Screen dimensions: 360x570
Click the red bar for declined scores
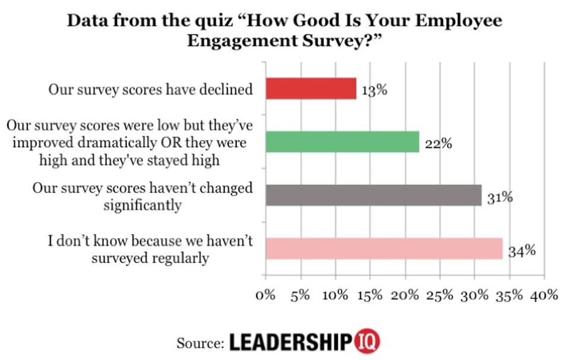pyautogui.click(x=311, y=89)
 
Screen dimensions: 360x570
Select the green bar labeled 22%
pyautogui.click(x=342, y=142)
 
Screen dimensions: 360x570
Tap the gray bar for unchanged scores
pyautogui.click(x=373, y=195)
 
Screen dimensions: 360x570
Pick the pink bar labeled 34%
pyautogui.click(x=384, y=248)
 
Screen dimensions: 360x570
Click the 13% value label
pyautogui.click(x=375, y=91)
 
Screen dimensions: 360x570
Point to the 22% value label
pyautogui.click(x=438, y=144)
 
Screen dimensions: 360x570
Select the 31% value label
pyautogui.click(x=500, y=197)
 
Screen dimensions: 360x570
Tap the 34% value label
pyautogui.click(x=521, y=250)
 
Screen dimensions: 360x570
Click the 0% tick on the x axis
pyautogui.click(x=265, y=295)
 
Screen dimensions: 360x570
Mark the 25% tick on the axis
pyautogui.click(x=440, y=295)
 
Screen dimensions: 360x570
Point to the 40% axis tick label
pyautogui.click(x=544, y=295)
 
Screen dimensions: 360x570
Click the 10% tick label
pyautogui.click(x=335, y=295)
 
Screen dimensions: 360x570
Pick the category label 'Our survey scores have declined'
pyautogui.click(x=151, y=90)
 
